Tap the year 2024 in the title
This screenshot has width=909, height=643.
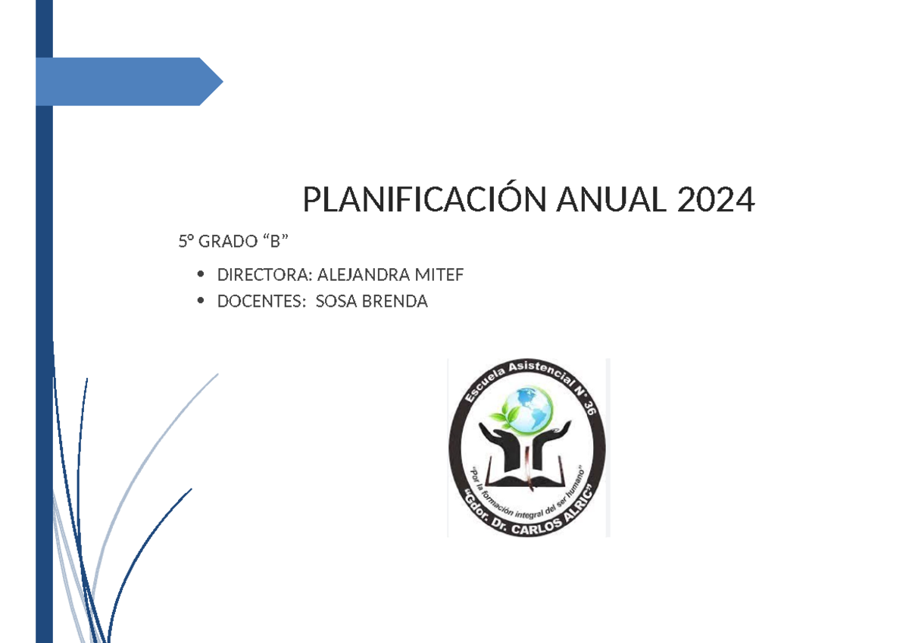(716, 201)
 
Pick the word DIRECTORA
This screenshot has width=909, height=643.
(263, 275)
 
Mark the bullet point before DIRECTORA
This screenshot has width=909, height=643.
(200, 275)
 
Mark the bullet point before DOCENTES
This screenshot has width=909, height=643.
(200, 301)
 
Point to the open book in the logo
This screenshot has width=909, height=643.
(527, 477)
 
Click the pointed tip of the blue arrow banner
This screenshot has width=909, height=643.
(220, 81)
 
